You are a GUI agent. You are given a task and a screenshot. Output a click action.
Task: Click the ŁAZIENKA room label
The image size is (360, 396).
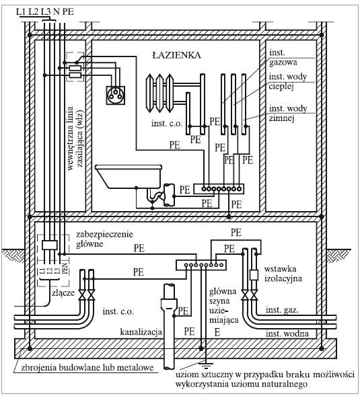[177, 55]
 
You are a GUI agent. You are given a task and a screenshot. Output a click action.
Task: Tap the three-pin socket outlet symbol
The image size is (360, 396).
[115, 95]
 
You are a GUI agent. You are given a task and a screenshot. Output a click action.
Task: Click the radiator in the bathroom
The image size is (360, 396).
[159, 93]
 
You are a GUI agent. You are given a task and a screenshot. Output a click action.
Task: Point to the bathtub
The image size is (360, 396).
[129, 177]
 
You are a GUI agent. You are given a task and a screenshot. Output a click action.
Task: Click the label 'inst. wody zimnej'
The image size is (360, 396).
[288, 114]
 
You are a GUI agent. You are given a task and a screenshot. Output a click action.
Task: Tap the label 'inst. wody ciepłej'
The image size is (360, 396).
[288, 81]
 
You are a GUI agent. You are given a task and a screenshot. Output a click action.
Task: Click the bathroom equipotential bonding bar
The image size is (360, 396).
[219, 189]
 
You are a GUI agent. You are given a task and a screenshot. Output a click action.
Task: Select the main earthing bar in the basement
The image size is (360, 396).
[201, 265]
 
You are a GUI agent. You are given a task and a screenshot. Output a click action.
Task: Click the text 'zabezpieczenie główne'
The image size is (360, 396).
[104, 239]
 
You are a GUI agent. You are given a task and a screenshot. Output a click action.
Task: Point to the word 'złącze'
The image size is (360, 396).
[63, 292]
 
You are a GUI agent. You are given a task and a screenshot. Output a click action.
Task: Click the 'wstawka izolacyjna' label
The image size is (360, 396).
[283, 274]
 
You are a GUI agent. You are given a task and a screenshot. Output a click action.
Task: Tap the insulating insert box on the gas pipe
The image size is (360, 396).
[254, 275]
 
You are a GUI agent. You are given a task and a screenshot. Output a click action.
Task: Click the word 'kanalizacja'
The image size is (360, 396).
[141, 331]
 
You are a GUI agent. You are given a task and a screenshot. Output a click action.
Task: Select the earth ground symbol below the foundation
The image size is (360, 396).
[206, 364]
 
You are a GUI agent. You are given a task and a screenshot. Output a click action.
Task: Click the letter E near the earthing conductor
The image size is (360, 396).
[217, 332]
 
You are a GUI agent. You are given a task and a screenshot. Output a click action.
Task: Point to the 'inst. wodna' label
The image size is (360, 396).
[287, 333]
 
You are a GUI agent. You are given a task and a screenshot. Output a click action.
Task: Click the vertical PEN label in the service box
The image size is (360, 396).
[65, 268]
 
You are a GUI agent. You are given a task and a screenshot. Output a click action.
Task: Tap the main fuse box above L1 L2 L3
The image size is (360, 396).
[50, 245]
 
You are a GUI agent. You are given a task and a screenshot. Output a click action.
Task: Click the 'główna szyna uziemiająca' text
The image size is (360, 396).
[223, 306]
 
